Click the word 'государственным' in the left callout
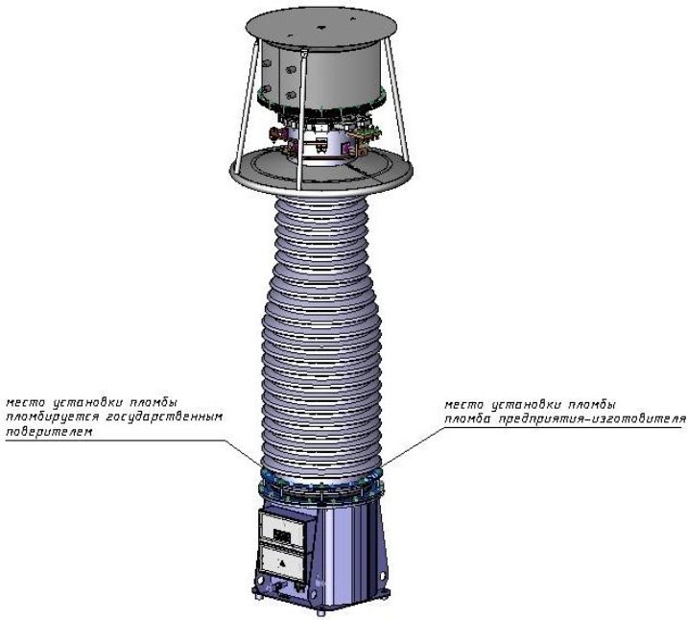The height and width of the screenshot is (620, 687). [165, 417]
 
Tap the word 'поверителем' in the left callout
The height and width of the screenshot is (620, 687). [49, 432]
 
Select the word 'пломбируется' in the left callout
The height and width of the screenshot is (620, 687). [52, 417]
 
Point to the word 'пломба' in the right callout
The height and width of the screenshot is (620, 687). [467, 418]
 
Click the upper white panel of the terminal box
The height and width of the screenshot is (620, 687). [282, 528]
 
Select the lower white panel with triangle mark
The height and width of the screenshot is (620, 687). [283, 562]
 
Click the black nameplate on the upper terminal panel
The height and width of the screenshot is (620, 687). [282, 535]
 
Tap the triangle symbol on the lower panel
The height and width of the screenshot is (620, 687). [283, 563]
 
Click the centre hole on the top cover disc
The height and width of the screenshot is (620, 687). [320, 27]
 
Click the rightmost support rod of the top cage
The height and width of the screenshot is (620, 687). [397, 102]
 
